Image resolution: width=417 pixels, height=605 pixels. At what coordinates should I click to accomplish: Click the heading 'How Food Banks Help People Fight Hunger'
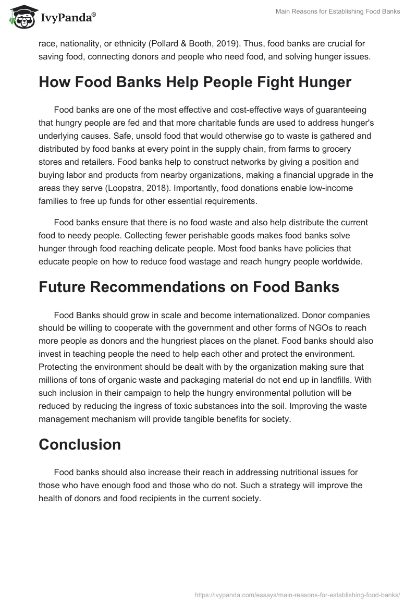(x=195, y=83)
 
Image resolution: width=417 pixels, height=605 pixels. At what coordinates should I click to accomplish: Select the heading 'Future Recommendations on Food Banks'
(x=189, y=287)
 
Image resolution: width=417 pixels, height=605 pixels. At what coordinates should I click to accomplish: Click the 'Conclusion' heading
(x=80, y=444)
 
